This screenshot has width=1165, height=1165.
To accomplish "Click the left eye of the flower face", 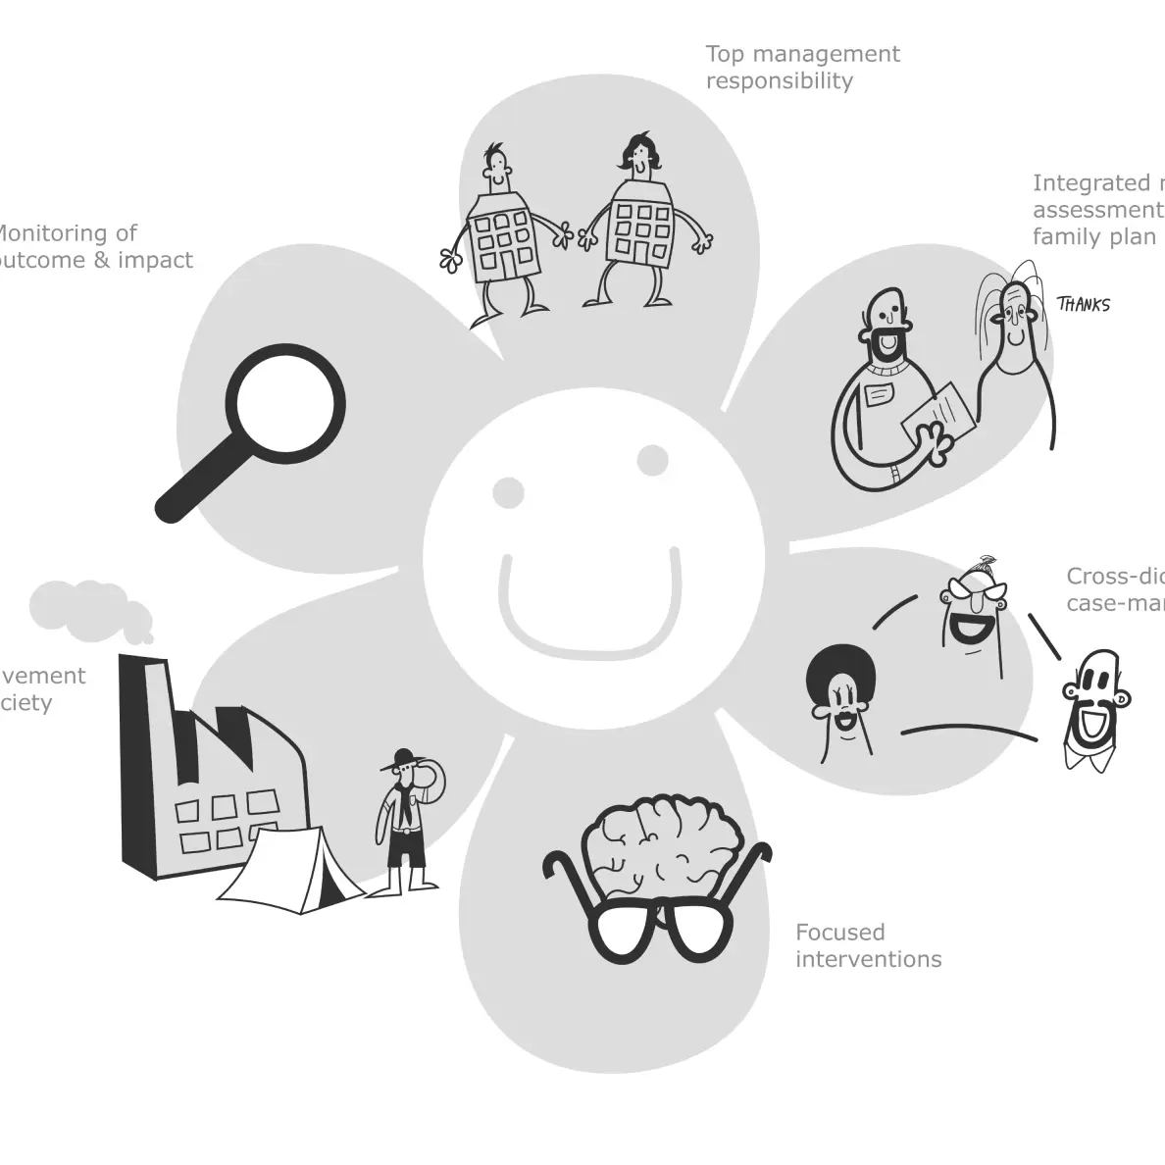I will pos(509,492).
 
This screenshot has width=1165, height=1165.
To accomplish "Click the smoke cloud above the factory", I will pos(88,607).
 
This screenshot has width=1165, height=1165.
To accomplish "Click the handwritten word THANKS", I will pos(1084,305).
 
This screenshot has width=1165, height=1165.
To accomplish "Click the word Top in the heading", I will pos(725,54).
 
